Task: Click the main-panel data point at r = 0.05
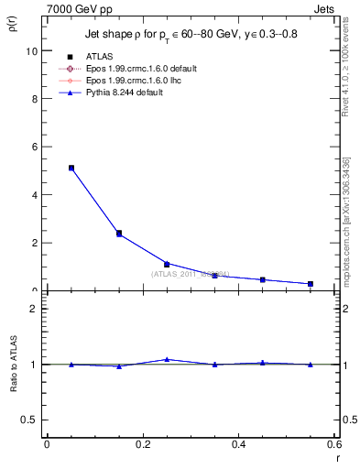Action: pyautogui.click(x=71, y=168)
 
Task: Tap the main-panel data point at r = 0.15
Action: pyautogui.click(x=119, y=234)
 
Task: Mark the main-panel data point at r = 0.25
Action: pyautogui.click(x=167, y=264)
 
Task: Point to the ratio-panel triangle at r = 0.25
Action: pyautogui.click(x=167, y=359)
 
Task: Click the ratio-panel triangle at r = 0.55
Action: pyautogui.click(x=311, y=364)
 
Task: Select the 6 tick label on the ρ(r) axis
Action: pyautogui.click(x=34, y=147)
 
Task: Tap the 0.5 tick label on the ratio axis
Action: pyautogui.click(x=29, y=420)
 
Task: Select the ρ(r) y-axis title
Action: pyautogui.click(x=13, y=21)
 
